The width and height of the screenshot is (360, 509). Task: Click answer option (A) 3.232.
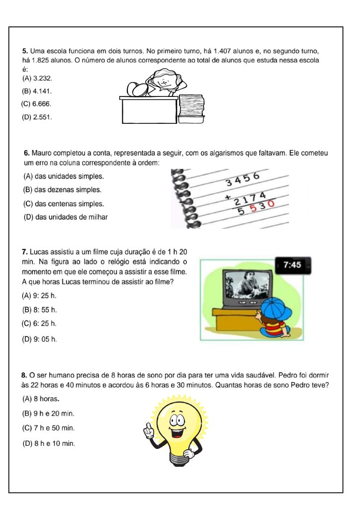pyautogui.click(x=37, y=79)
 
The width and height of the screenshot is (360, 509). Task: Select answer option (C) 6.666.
pyautogui.click(x=37, y=104)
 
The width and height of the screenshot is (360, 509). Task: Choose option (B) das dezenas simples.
pyautogui.click(x=62, y=190)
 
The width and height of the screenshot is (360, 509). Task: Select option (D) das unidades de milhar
pyautogui.click(x=65, y=217)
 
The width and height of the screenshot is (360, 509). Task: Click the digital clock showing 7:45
pyautogui.click(x=293, y=265)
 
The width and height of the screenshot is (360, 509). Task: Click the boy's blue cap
pyautogui.click(x=276, y=310)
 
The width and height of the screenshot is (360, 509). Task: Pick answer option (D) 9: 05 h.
pyautogui.click(x=40, y=339)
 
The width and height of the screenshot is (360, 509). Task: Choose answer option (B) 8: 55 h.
pyautogui.click(x=40, y=310)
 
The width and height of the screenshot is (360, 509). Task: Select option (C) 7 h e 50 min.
pyautogui.click(x=48, y=428)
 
